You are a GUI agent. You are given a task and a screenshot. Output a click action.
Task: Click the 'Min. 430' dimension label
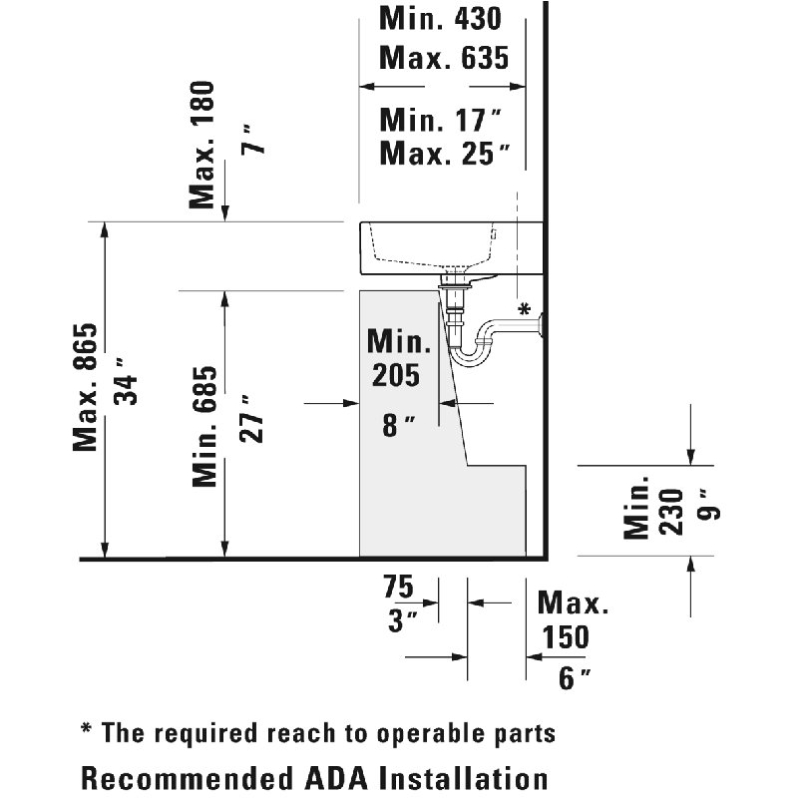click(440, 18)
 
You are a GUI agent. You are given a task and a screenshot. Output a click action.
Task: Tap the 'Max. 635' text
click(444, 58)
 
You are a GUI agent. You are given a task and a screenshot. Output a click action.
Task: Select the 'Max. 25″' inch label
click(445, 154)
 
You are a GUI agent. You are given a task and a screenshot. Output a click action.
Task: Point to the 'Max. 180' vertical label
click(201, 145)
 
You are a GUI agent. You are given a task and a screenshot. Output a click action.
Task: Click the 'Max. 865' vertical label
click(85, 387)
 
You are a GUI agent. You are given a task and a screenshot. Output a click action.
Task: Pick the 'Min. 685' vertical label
click(204, 427)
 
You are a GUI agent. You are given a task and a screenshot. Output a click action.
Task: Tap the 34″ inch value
click(126, 382)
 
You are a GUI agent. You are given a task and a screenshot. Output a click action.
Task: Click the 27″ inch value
click(251, 418)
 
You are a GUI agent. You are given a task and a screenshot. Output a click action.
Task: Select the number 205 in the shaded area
click(396, 375)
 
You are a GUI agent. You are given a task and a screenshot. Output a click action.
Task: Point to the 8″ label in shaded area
click(399, 426)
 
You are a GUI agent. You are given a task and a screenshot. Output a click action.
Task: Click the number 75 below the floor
click(398, 587)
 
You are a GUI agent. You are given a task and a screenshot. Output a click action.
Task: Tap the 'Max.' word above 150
click(573, 602)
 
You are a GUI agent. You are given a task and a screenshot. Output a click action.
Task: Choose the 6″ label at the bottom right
click(576, 677)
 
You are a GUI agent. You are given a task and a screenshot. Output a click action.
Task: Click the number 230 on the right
click(670, 512)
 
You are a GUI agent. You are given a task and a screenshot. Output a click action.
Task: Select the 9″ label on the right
click(709, 505)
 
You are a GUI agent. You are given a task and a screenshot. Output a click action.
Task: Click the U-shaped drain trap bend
click(471, 355)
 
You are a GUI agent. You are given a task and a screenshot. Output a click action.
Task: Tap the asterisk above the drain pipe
click(525, 308)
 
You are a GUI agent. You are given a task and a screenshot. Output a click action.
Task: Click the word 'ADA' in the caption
click(339, 778)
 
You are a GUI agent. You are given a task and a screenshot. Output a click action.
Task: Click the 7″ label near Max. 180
click(253, 139)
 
